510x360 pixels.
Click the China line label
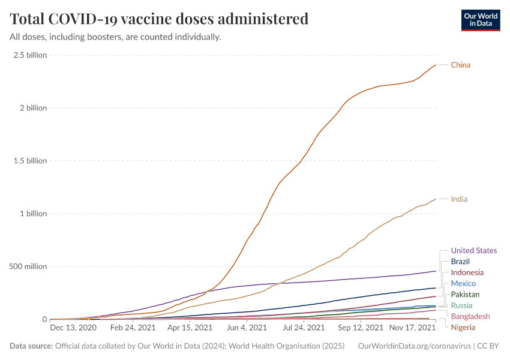460,65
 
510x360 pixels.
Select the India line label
459,199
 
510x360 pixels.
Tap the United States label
473,250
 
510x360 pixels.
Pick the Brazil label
460,262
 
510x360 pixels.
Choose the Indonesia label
467,272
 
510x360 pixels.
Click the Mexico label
463,283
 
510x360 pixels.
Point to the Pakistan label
465,295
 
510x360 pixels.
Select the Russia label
461,305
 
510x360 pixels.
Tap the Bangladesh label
470,316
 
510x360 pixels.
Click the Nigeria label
463,327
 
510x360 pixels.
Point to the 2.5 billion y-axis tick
30,55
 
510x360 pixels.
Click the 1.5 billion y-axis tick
30,161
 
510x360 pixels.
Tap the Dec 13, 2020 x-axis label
74,328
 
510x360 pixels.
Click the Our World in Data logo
480,20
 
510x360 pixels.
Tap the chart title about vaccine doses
159,19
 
